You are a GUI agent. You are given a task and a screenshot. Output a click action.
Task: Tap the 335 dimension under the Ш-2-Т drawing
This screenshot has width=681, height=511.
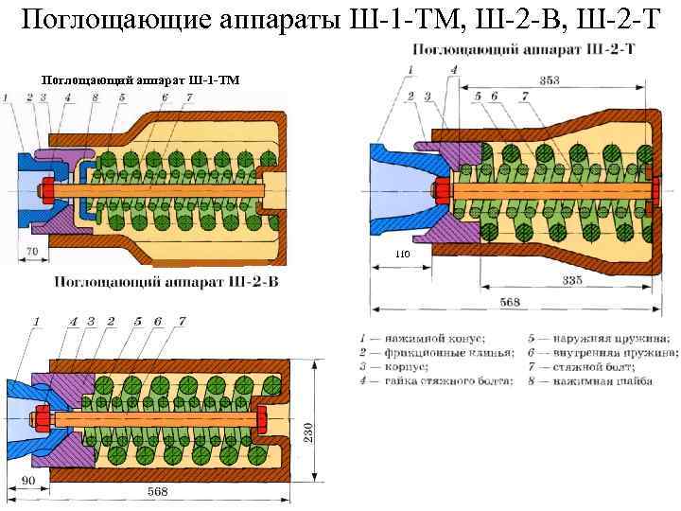pos(571,280)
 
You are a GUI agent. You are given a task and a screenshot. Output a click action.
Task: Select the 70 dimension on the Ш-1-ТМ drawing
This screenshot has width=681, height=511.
pos(31,252)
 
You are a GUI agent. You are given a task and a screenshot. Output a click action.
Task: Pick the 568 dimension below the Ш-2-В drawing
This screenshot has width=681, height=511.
pos(159,492)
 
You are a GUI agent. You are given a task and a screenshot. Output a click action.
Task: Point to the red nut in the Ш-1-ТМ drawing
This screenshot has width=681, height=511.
pos(44,194)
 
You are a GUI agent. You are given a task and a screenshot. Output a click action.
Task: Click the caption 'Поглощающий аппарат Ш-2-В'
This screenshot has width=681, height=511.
pos(166,281)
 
